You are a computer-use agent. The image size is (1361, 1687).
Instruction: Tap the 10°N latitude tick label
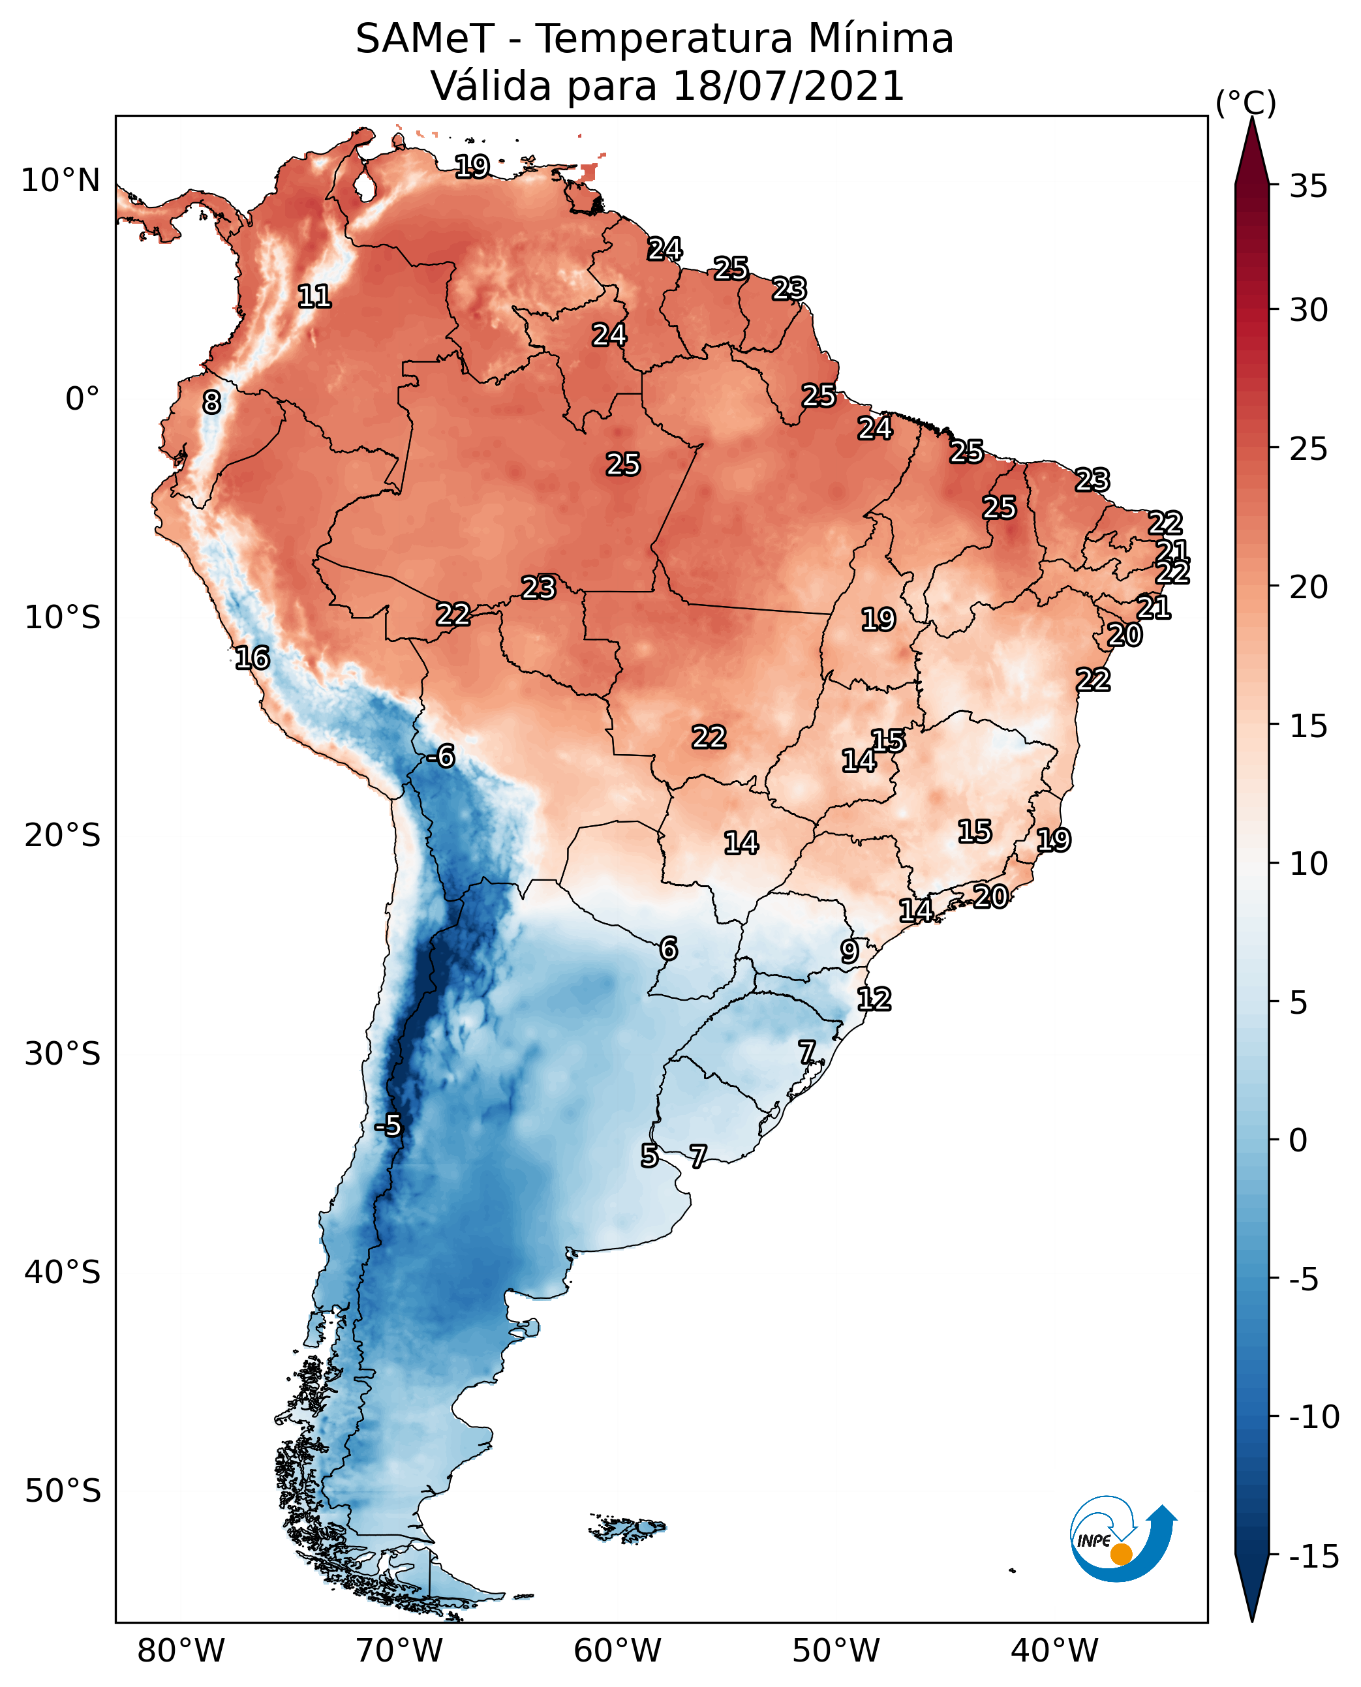tap(61, 181)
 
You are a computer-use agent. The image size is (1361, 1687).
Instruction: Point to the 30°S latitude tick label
tap(63, 1054)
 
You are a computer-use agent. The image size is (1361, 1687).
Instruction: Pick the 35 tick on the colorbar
tap(1308, 187)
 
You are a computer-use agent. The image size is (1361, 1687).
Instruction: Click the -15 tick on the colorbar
tap(1313, 1556)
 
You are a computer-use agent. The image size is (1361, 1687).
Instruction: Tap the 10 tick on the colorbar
tap(1308, 864)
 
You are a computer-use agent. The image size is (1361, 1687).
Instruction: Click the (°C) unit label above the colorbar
tap(1246, 102)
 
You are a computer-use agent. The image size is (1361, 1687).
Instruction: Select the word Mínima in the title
tap(880, 39)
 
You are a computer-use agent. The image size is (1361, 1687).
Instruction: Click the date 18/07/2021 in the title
tap(789, 86)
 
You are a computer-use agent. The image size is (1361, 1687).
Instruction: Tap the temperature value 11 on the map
tap(314, 296)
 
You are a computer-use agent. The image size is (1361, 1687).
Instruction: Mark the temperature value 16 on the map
tap(252, 658)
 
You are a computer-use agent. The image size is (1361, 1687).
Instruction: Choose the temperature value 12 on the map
tap(874, 999)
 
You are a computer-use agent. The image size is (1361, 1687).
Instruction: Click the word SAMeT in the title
tap(424, 39)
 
